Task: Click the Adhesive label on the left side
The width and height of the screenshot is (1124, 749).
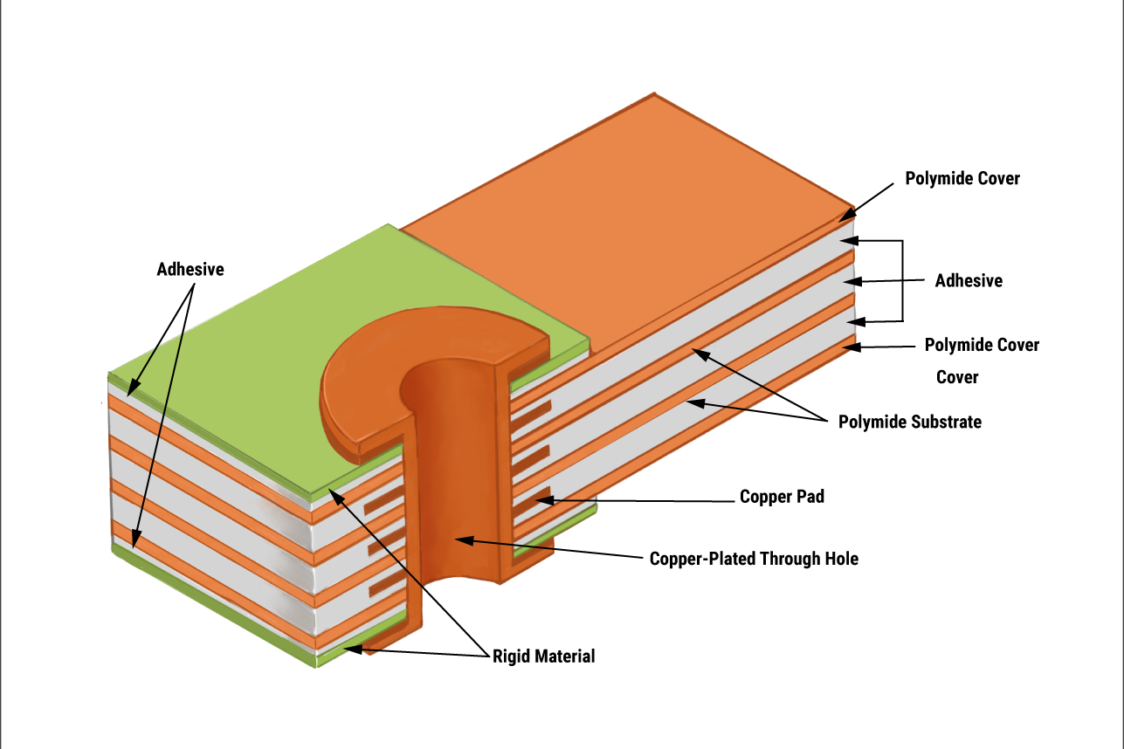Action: point(190,270)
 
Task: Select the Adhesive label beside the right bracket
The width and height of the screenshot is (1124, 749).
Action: point(969,281)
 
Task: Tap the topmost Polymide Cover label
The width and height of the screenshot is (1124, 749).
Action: point(962,179)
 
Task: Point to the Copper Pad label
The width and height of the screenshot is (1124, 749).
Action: point(782,498)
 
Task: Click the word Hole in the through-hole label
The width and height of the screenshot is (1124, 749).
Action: point(841,559)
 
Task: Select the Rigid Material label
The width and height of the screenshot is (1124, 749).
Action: point(543,656)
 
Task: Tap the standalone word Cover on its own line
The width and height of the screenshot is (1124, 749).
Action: point(957,377)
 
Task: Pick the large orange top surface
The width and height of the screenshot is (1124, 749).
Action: point(629,218)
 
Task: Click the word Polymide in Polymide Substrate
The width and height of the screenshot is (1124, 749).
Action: point(872,423)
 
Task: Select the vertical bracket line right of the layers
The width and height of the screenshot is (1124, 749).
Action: point(901,280)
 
